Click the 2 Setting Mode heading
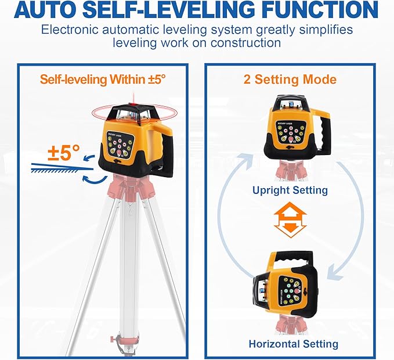pos(290,79)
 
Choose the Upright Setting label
pos(290,190)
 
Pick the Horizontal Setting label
pos(293,344)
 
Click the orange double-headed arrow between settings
pos(290,221)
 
